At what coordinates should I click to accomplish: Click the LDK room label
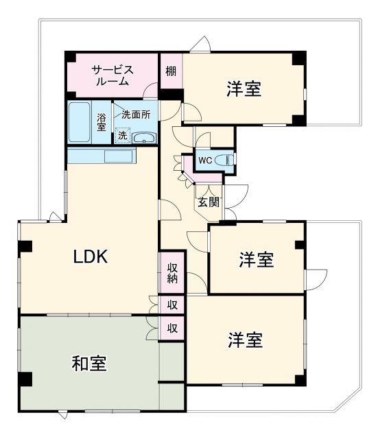[91, 257]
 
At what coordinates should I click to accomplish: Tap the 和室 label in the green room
[89, 363]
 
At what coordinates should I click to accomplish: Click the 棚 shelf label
[171, 70]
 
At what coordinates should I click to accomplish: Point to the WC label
[205, 161]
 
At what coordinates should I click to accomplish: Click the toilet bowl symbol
[224, 161]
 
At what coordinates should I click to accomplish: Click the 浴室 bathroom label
[102, 122]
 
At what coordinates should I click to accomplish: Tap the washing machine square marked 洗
[122, 136]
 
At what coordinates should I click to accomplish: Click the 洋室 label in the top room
[244, 89]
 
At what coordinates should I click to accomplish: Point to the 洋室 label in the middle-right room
[257, 260]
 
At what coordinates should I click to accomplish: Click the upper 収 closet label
[172, 305]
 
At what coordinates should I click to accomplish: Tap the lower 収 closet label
[172, 329]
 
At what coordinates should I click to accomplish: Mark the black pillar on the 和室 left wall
[25, 379]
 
